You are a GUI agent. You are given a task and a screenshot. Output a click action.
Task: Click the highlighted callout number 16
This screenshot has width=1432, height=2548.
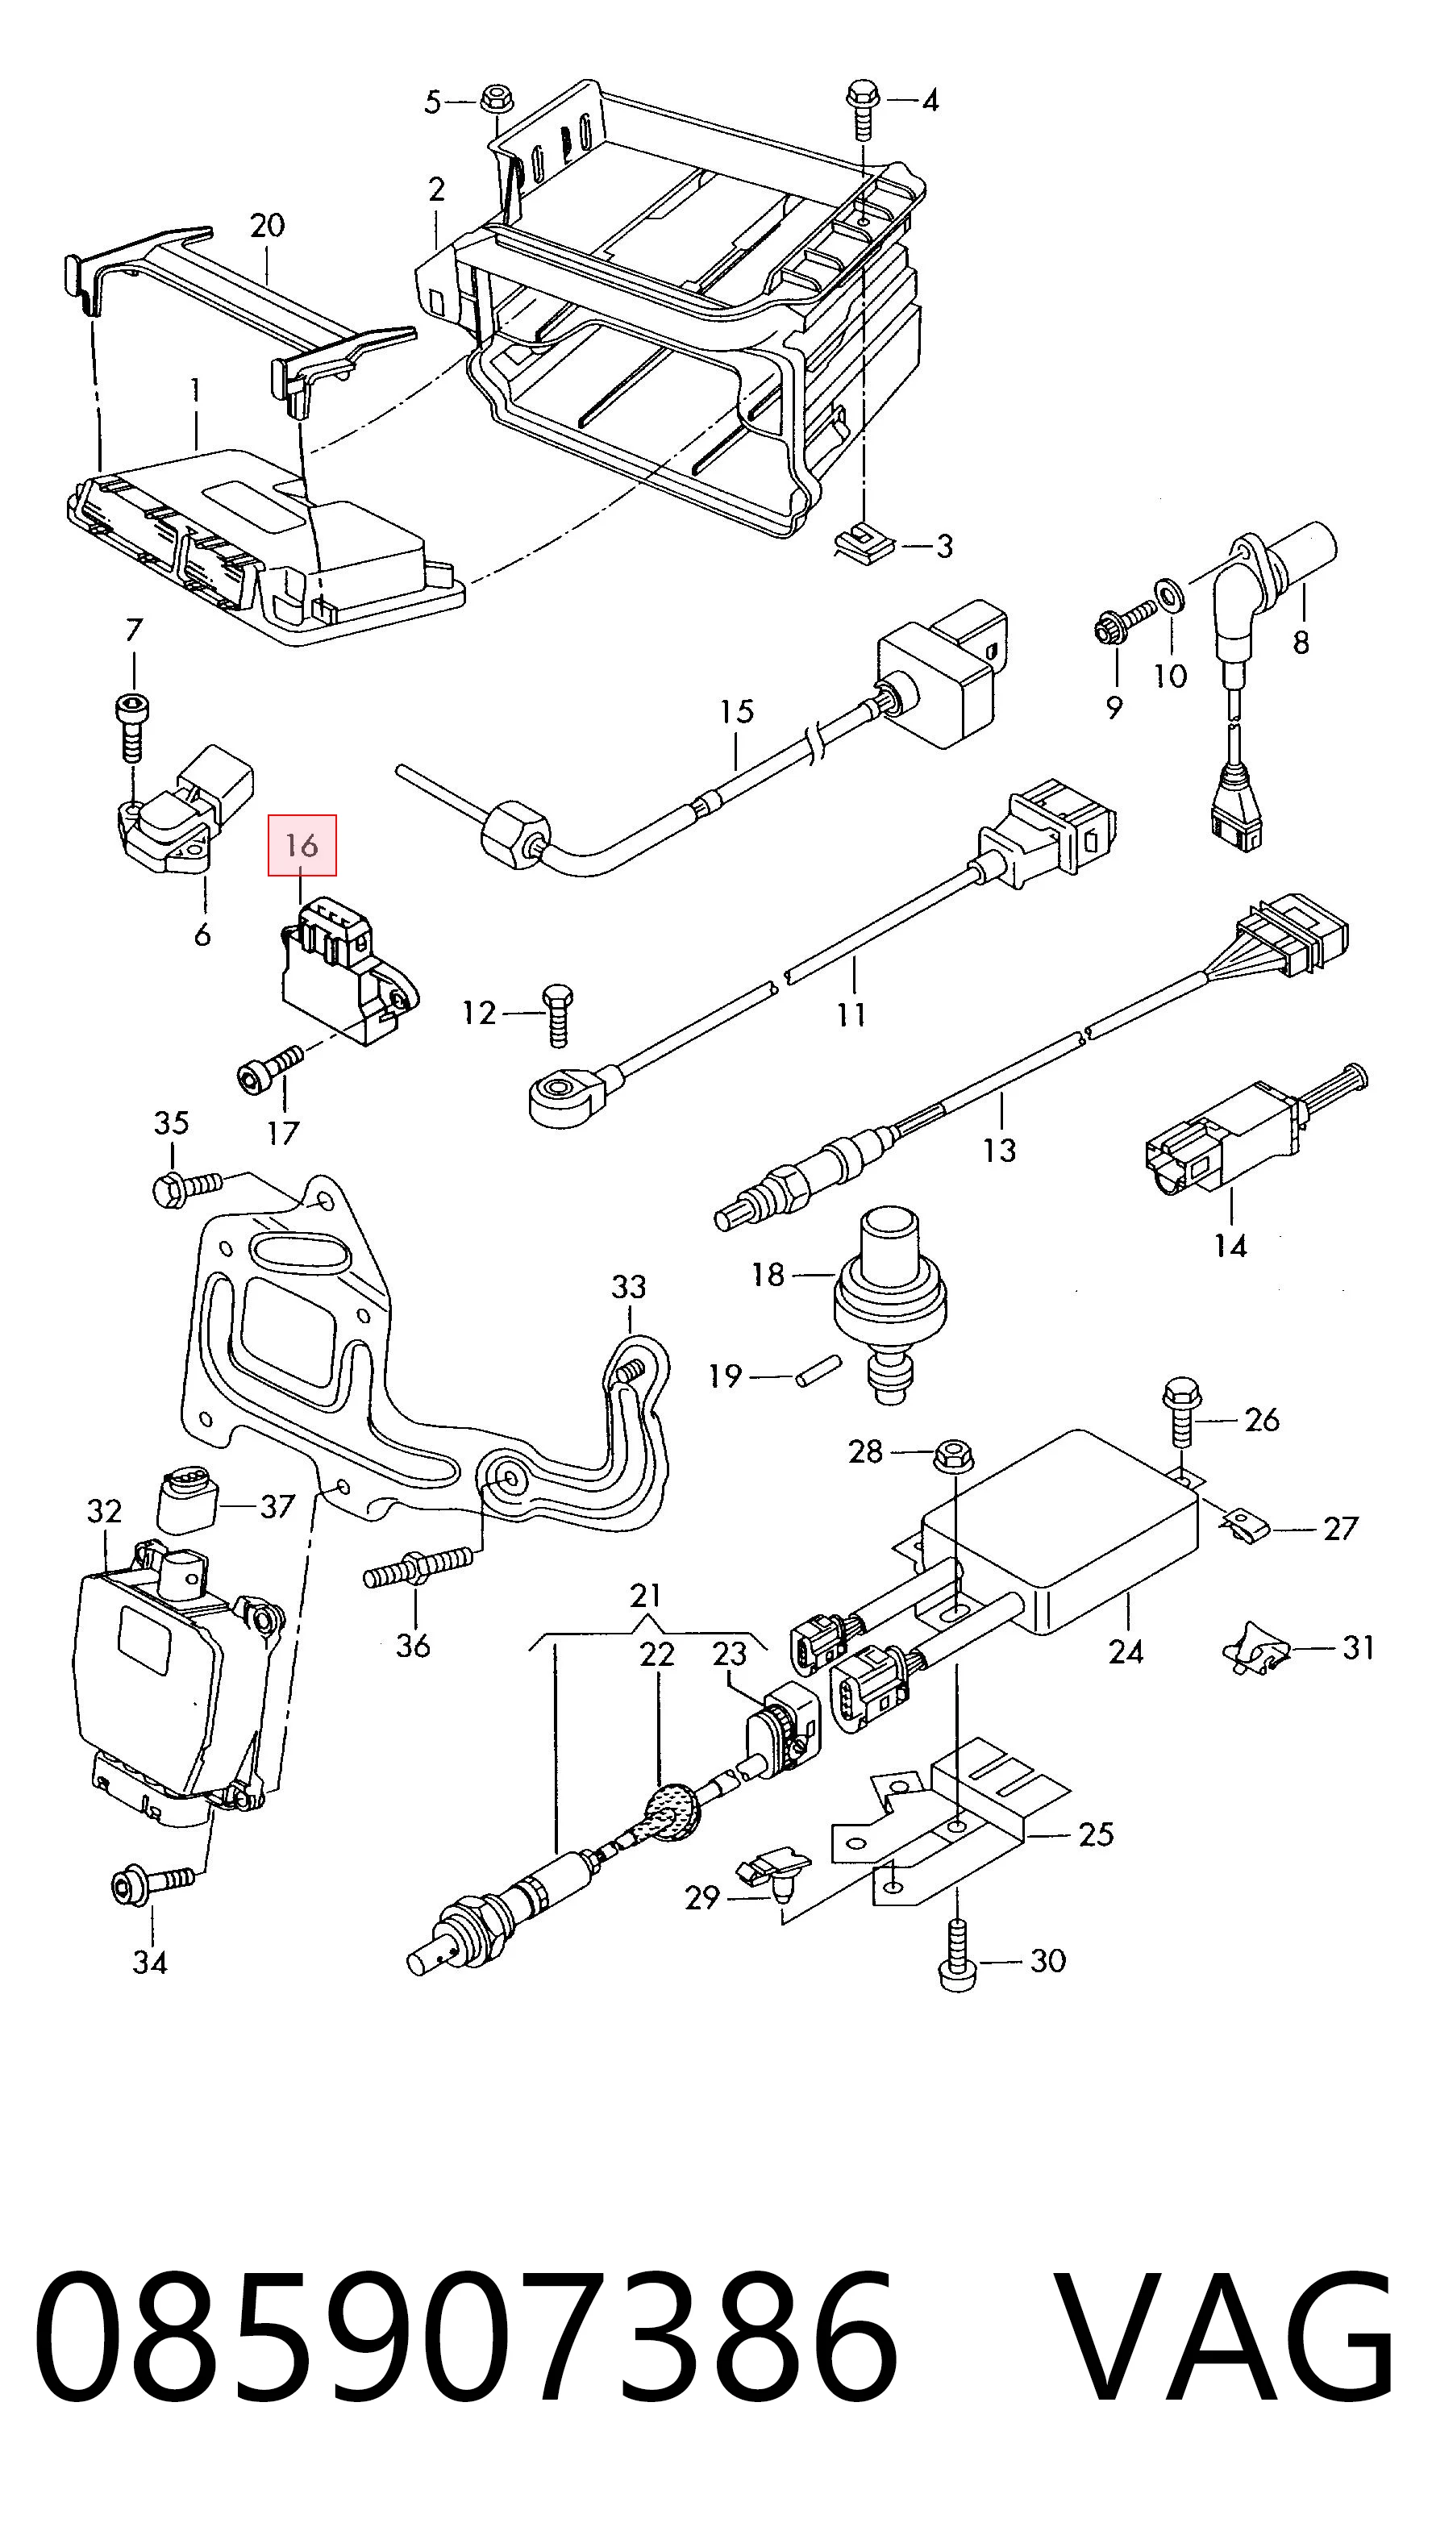pyautogui.click(x=302, y=846)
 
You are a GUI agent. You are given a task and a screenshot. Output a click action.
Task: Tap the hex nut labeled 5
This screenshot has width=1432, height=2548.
pyautogui.click(x=494, y=99)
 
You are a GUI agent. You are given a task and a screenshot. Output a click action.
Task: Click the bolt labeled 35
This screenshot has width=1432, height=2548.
pyautogui.click(x=188, y=1185)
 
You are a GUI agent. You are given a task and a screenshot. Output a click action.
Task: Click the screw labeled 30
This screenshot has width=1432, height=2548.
pyautogui.click(x=956, y=1955)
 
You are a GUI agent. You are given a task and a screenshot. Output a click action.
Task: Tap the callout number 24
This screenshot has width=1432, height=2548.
pyautogui.click(x=1126, y=1651)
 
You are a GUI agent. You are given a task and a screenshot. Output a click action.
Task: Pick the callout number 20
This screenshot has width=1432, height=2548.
pyautogui.click(x=267, y=226)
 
